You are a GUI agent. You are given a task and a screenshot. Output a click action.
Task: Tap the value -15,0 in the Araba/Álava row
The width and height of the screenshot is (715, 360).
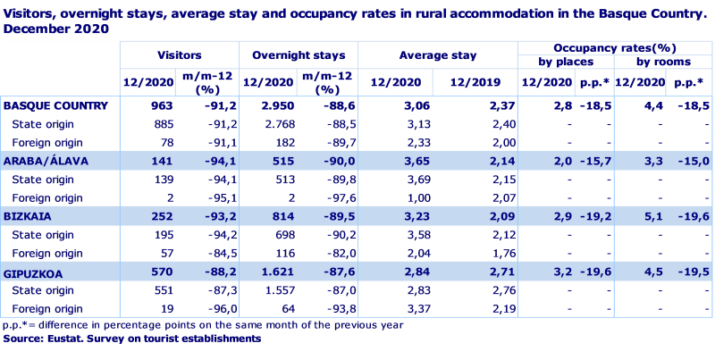pos(687,160)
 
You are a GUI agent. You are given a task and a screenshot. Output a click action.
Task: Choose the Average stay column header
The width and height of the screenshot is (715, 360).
pos(436,55)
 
